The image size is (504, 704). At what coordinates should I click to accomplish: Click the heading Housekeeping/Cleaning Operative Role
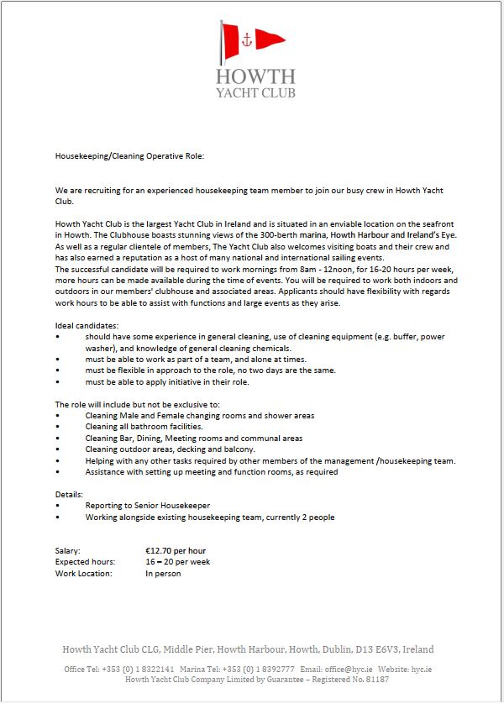pyautogui.click(x=129, y=156)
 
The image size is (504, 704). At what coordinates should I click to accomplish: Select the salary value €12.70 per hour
pyautogui.click(x=176, y=551)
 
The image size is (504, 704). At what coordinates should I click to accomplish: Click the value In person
pyautogui.click(x=163, y=574)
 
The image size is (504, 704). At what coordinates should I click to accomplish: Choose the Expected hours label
pyautogui.click(x=87, y=562)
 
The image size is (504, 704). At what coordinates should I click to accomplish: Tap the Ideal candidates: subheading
pyautogui.click(x=87, y=325)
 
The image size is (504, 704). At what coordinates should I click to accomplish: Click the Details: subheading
pyautogui.click(x=70, y=495)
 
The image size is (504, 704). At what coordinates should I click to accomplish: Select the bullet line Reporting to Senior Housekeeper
pyautogui.click(x=147, y=506)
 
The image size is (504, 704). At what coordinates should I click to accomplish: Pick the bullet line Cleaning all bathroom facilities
pyautogui.click(x=144, y=427)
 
